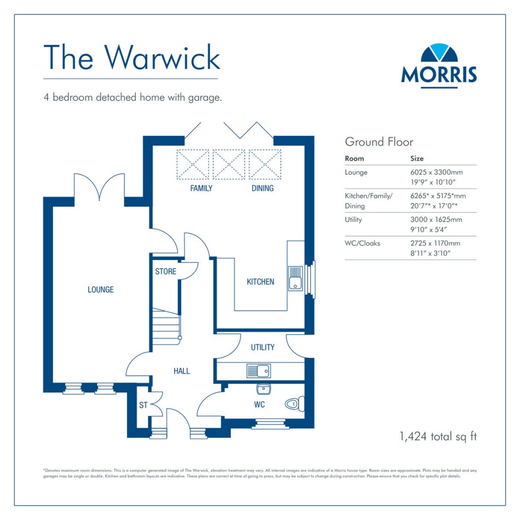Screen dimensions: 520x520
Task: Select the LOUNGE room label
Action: (101, 289)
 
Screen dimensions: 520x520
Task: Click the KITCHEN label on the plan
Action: (260, 281)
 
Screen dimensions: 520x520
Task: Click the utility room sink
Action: (258, 371)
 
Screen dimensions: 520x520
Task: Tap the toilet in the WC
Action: (294, 404)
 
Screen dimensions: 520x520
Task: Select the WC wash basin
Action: (264, 389)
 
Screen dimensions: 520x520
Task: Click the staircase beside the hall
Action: (166, 328)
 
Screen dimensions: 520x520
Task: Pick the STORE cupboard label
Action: (166, 272)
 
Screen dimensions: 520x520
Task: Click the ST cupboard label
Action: (143, 406)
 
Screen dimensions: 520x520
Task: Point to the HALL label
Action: (181, 371)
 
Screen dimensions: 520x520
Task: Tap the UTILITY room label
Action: (263, 347)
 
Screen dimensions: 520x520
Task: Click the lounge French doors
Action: (99, 186)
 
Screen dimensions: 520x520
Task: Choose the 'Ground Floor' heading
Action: (379, 142)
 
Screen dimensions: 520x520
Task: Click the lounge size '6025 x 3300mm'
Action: (436, 173)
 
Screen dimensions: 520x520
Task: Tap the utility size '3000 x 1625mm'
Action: (436, 220)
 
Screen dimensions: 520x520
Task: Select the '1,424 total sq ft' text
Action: (438, 436)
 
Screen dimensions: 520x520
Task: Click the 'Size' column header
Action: (417, 158)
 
